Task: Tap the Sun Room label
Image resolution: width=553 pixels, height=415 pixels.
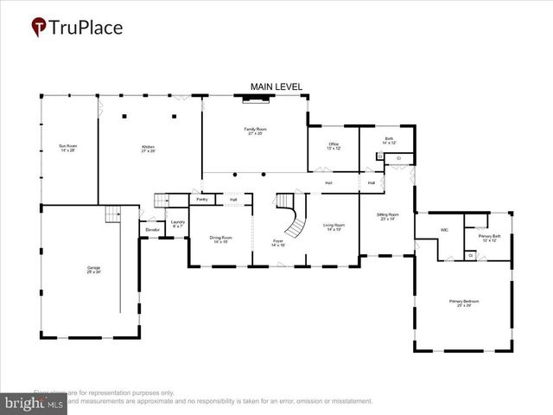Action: click(x=67, y=149)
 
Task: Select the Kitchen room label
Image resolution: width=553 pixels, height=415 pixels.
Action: click(x=149, y=149)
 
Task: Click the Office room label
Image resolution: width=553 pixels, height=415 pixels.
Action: click(x=334, y=145)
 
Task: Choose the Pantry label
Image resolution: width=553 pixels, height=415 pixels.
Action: click(x=202, y=200)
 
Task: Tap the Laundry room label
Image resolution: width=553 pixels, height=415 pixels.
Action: click(x=177, y=224)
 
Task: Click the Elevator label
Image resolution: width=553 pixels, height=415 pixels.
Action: click(x=152, y=230)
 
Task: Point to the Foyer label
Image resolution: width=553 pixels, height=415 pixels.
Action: click(x=278, y=243)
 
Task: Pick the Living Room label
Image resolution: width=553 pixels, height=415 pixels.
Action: click(x=334, y=227)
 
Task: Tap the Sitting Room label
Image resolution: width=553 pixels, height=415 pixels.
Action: click(x=387, y=216)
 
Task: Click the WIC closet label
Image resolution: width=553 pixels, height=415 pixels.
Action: click(x=443, y=230)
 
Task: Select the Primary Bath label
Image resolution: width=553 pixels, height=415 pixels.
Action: click(x=489, y=238)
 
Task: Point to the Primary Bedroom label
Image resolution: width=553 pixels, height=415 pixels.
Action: click(x=463, y=303)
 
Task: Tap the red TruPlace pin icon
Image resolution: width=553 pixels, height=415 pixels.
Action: click(x=39, y=28)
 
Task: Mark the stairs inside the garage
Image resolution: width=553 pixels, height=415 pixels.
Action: click(x=112, y=214)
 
